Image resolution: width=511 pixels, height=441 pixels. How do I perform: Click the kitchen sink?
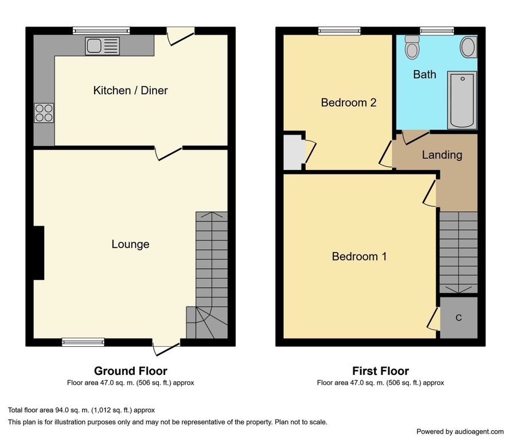tap(102, 46)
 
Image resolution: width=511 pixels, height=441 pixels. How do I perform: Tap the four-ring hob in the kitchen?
tap(44, 113)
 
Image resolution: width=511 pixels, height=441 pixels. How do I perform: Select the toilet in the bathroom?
tap(412, 47)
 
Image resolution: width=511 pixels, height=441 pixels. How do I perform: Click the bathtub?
tap(462, 100)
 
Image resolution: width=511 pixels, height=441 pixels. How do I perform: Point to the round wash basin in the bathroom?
tap(469, 47)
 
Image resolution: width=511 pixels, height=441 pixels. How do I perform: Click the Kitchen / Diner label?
tap(130, 90)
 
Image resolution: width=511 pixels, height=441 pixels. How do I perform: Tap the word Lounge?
tap(130, 244)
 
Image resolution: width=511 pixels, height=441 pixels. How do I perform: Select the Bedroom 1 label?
tap(359, 256)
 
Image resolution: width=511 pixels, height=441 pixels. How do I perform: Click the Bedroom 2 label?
tap(349, 103)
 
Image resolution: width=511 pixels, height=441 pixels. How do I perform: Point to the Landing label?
tap(442, 154)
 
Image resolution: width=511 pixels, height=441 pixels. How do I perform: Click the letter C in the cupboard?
tap(459, 318)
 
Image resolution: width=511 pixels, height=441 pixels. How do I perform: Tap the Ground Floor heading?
tap(130, 371)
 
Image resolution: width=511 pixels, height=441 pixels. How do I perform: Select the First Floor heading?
tap(380, 371)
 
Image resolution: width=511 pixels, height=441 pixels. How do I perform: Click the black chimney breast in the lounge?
tap(39, 253)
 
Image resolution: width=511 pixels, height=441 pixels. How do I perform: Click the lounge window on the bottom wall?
tap(83, 342)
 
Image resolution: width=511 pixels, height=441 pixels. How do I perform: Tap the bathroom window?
tap(436, 31)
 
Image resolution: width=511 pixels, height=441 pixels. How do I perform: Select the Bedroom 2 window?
tap(340, 31)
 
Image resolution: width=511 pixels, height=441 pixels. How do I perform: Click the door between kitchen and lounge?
tap(168, 154)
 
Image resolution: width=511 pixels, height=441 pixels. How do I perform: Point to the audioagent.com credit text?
tap(460, 432)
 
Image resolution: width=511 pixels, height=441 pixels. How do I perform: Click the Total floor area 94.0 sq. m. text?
tap(81, 410)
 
